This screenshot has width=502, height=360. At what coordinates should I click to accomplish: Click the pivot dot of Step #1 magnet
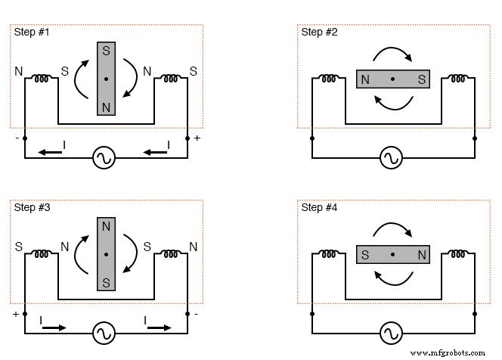pyautogui.click(x=107, y=79)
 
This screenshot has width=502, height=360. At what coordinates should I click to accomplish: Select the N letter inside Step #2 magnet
pyautogui.click(x=366, y=79)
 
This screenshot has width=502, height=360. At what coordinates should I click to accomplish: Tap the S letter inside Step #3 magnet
pyautogui.click(x=107, y=281)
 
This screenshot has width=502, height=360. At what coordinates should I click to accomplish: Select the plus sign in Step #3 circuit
pyautogui.click(x=14, y=313)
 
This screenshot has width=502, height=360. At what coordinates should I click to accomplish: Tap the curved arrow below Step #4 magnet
pyautogui.click(x=392, y=280)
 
